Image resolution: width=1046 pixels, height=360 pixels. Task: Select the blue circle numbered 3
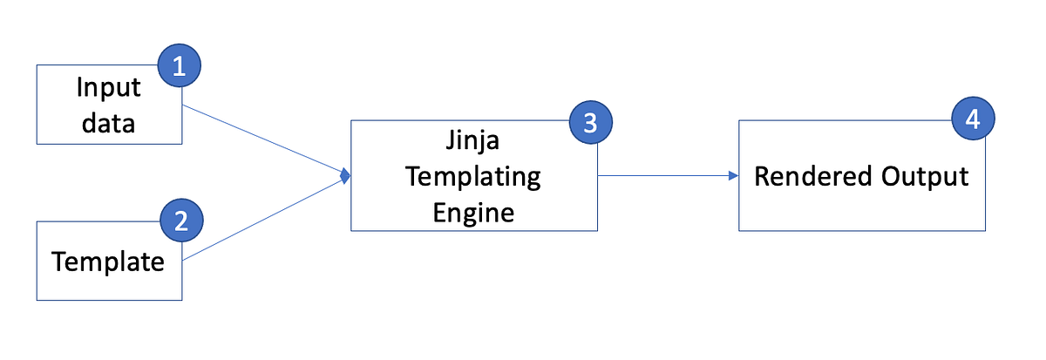tap(591, 123)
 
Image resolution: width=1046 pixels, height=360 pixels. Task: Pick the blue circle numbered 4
tap(974, 119)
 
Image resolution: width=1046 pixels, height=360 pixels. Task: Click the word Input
tap(109, 88)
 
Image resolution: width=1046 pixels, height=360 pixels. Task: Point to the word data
tap(109, 123)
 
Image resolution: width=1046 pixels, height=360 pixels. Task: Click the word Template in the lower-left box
tap(108, 261)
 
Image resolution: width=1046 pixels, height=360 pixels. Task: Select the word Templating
tap(474, 178)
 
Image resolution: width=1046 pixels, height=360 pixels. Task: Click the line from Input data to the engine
tap(261, 140)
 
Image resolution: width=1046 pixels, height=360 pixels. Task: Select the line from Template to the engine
tap(261, 218)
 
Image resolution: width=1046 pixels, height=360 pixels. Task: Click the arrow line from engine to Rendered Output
tap(662, 175)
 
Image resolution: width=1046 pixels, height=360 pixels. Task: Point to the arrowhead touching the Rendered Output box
tap(733, 175)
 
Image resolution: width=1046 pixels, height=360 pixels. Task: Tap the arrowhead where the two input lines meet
tap(345, 176)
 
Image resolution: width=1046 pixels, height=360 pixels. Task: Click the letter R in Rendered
tap(762, 176)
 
